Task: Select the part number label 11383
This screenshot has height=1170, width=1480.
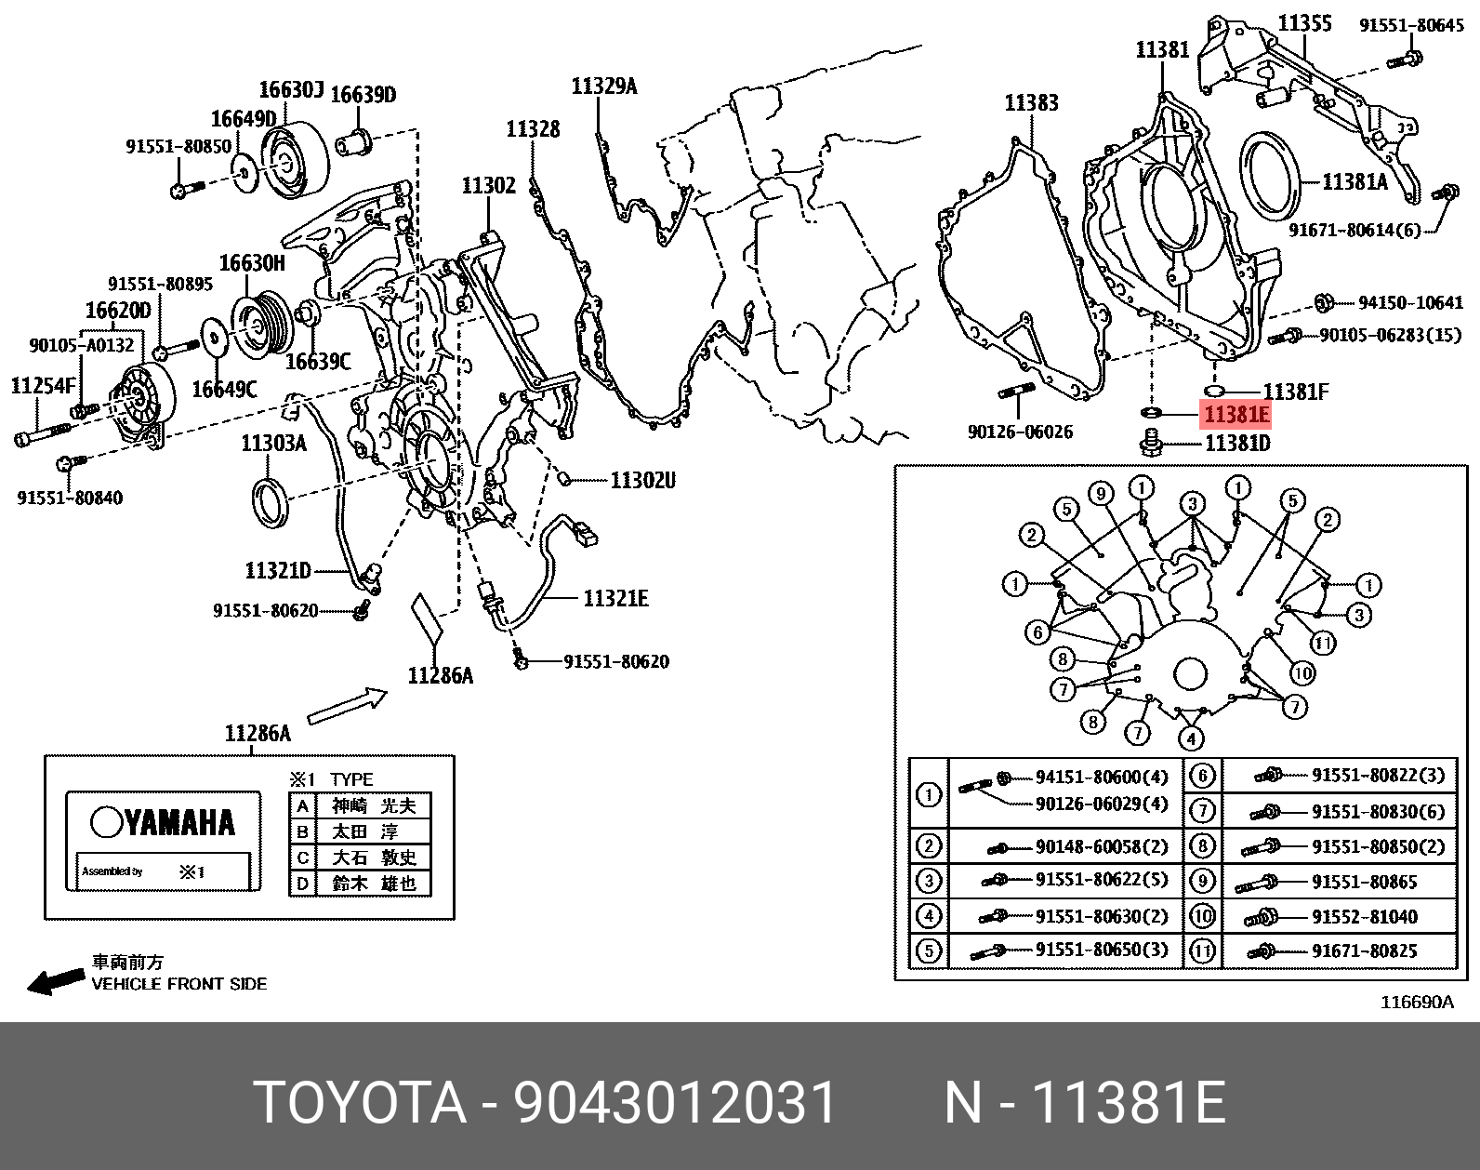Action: [1030, 102]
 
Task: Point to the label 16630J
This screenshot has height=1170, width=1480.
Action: [290, 90]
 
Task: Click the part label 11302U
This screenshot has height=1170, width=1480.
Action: [642, 480]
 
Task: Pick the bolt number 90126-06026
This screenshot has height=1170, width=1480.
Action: [1020, 432]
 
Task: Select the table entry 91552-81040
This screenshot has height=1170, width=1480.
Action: [1364, 917]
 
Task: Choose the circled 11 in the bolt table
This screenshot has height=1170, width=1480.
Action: [1203, 951]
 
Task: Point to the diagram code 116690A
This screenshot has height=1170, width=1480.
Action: [1416, 1002]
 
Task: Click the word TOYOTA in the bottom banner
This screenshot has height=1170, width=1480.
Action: [360, 1104]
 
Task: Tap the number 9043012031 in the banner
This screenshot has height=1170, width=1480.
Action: [676, 1104]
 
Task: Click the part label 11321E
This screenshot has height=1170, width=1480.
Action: [615, 598]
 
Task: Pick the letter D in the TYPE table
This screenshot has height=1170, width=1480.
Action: [302, 883]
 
